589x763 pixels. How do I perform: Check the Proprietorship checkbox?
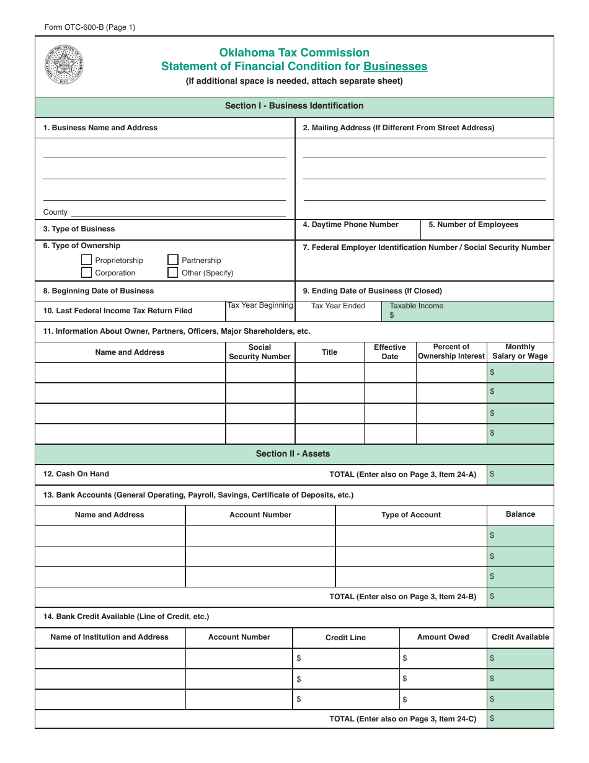pos(87,260)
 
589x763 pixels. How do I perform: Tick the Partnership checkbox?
pos(173,260)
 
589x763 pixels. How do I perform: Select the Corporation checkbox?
pos(87,272)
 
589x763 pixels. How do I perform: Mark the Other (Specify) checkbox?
pos(173,272)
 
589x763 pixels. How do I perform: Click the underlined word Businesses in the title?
pos(395,66)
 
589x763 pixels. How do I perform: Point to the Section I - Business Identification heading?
pos(294,106)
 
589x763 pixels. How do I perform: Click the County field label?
pos(55,212)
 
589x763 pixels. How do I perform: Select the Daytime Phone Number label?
pos(350,225)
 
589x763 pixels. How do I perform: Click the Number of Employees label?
pos(473,225)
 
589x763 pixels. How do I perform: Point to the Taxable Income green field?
pos(467,311)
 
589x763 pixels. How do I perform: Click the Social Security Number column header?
pos(259,352)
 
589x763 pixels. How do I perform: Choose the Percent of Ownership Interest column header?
pos(451,352)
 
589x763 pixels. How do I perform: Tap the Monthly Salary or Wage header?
pos(520,352)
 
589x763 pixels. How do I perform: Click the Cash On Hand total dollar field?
pos(520,475)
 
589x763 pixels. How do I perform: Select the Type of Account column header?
pos(410,515)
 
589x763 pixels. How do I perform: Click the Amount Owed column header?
pos(443,637)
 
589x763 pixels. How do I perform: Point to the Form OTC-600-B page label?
pos(89,27)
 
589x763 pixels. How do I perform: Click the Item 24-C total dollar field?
pos(520,719)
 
